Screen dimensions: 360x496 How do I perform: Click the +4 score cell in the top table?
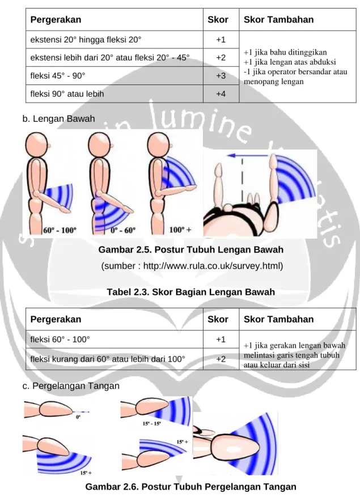pyautogui.click(x=221, y=94)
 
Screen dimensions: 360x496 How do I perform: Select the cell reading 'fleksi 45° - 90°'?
pyautogui.click(x=114, y=75)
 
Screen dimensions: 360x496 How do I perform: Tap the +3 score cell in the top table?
pyautogui.click(x=221, y=75)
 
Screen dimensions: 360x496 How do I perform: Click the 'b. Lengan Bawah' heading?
pyautogui.click(x=58, y=118)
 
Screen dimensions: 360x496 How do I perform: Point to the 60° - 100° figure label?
pyautogui.click(x=60, y=230)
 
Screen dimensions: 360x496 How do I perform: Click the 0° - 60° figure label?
pyautogui.click(x=123, y=230)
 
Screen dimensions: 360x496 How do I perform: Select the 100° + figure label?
pyautogui.click(x=180, y=230)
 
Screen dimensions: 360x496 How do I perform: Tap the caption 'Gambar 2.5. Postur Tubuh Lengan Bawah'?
pyautogui.click(x=190, y=249)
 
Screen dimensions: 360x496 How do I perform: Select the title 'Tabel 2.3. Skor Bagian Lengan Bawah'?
pyautogui.click(x=190, y=292)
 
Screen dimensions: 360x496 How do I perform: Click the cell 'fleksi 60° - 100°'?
pyautogui.click(x=114, y=340)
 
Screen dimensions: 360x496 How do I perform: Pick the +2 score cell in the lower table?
pyautogui.click(x=221, y=359)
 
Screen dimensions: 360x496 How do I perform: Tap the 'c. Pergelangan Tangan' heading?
pyautogui.click(x=71, y=386)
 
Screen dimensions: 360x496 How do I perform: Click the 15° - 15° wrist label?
pyautogui.click(x=151, y=423)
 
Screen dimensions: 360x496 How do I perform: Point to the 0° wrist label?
pyautogui.click(x=78, y=417)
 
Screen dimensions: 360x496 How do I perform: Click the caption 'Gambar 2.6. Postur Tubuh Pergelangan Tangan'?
pyautogui.click(x=190, y=486)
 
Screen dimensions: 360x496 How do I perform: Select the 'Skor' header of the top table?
pyautogui.click(x=218, y=20)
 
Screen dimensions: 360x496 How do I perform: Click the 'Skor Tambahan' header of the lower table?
pyautogui.click(x=279, y=319)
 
